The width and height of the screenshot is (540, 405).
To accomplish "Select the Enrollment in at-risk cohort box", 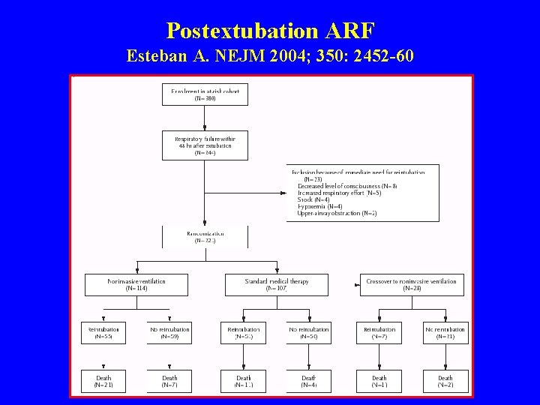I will (x=205, y=94).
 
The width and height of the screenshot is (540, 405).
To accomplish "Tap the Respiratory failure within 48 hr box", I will (x=205, y=145).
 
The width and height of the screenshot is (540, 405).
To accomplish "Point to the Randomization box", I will (x=205, y=237).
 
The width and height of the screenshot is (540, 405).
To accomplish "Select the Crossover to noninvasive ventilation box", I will (x=411, y=284).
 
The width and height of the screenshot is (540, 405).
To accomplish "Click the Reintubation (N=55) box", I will (x=103, y=333).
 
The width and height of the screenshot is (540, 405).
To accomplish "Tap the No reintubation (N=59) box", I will (x=170, y=333).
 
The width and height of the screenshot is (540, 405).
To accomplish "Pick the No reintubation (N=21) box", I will (x=445, y=333).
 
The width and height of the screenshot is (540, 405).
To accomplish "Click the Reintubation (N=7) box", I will (x=379, y=333).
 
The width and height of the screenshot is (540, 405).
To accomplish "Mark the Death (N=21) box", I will (x=103, y=382).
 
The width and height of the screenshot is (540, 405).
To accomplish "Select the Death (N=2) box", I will (x=445, y=382).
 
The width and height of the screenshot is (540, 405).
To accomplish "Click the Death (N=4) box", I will (x=309, y=382).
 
